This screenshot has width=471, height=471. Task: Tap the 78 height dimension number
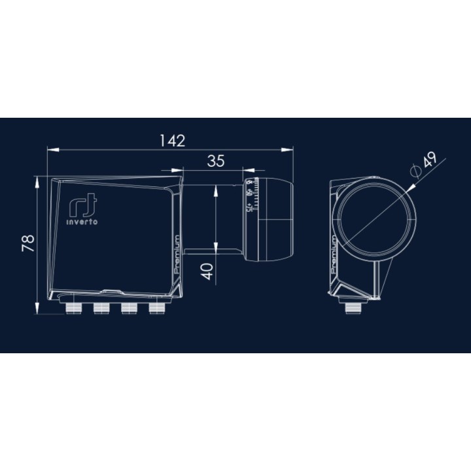tap(27, 243)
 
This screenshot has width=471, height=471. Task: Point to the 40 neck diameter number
tap(206, 270)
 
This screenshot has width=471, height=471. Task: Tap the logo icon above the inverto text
tap(78, 206)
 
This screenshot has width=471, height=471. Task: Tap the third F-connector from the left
tap(128, 307)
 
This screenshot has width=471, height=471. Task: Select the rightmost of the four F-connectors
tap(156, 307)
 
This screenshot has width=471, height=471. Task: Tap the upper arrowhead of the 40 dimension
tap(217, 188)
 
